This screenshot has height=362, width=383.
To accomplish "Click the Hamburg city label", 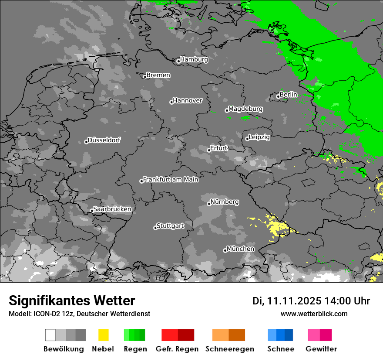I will tap(194, 59).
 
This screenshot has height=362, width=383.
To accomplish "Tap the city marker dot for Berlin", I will tap(278, 96).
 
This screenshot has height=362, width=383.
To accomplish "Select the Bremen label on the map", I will tap(158, 75).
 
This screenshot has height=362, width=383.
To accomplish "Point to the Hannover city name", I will tap(188, 100).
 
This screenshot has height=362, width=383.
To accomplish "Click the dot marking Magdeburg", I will tap(227, 110).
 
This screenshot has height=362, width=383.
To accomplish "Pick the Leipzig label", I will tap(259, 137).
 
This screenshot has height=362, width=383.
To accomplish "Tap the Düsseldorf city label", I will tap(104, 140).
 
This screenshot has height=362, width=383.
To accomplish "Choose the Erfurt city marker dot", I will tap(209, 150).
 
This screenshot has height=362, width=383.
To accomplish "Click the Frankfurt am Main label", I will tap(171, 179).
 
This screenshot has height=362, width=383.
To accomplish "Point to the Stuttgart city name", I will tap(170, 226).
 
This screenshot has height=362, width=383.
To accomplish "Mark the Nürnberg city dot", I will tap(209, 204).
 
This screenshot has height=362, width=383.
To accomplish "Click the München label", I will tap(240, 249).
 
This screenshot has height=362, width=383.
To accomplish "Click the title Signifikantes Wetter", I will tap(72, 301).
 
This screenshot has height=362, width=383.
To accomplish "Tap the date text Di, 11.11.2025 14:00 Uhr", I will tap(311, 301).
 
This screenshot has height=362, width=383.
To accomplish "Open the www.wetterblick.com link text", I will tap(314, 314).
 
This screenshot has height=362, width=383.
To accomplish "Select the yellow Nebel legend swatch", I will tap(103, 335).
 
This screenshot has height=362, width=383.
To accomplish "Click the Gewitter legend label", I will tap(321, 349).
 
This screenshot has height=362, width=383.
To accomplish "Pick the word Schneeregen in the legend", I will tap(230, 349).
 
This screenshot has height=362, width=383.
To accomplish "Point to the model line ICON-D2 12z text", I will tap(79, 314).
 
